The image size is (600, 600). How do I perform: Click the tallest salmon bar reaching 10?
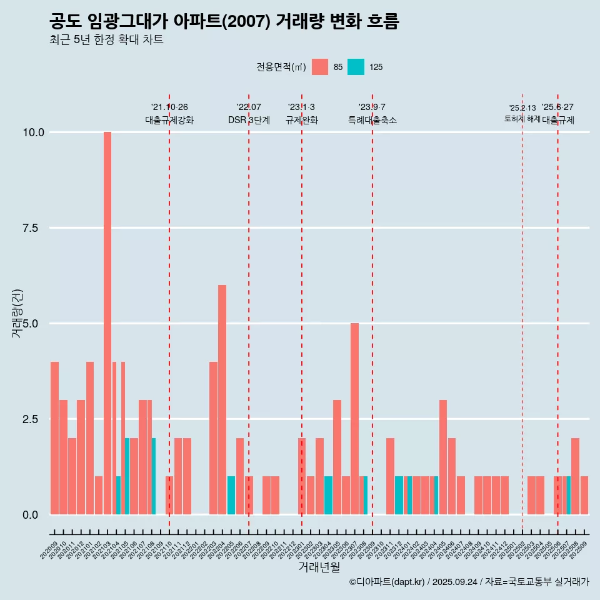coord(107,322)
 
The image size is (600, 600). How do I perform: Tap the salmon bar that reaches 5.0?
coord(354,418)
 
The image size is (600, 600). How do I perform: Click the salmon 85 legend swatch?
coord(320,67)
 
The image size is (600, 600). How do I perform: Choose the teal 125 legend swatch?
coord(356,67)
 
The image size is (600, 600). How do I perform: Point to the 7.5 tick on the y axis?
coord(30,228)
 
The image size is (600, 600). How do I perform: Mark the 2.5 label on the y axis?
coord(30,419)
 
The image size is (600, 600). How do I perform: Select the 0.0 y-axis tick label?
coord(30,515)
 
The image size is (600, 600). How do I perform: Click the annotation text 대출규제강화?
coord(169,120)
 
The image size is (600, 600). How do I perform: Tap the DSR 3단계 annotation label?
coord(249,120)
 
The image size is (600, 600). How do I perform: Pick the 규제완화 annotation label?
coord(302,120)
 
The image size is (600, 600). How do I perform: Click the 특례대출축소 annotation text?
coord(372,120)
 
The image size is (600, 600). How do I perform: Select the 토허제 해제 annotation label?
coord(522,119)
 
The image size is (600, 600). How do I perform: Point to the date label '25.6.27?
coord(557,107)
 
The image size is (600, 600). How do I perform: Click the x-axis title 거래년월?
coord(319,567)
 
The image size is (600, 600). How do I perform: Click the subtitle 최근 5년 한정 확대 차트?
coord(106,40)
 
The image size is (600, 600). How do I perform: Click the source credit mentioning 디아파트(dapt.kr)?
coord(469,582)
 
